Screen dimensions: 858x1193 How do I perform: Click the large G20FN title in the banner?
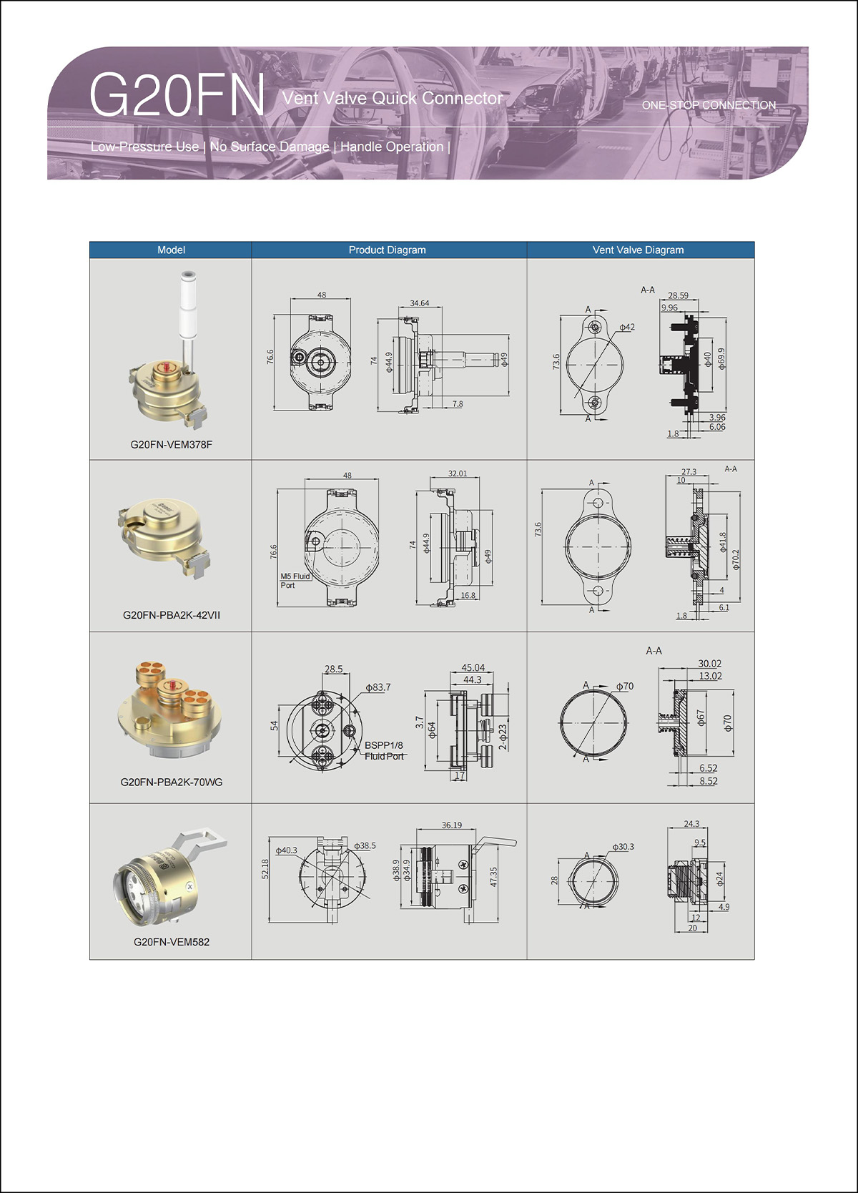[x=177, y=95]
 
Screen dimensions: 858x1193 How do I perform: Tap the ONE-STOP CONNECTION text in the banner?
[x=709, y=105]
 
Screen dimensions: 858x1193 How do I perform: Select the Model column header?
[x=171, y=250]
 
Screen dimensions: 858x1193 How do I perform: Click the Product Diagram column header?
[x=387, y=250]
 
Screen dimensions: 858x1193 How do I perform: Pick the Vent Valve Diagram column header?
[x=638, y=250]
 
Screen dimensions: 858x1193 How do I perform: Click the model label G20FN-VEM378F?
[x=172, y=444]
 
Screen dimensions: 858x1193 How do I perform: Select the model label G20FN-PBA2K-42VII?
[x=172, y=615]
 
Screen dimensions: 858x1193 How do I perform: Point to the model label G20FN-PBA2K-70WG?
[x=172, y=782]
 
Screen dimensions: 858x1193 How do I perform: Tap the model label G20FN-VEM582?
[x=172, y=942]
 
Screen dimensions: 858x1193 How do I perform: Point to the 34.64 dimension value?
[x=420, y=303]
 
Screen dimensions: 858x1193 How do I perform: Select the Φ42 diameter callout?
[x=627, y=327]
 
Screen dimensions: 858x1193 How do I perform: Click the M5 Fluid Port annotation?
[x=295, y=581]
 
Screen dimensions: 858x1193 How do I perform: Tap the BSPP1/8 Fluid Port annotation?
[x=384, y=750]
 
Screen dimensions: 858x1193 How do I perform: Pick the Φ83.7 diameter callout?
[x=378, y=687]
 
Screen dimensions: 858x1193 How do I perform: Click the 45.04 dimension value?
[x=473, y=667]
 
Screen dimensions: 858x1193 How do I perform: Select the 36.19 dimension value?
[x=451, y=825]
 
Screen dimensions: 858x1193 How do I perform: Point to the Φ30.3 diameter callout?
[x=623, y=846]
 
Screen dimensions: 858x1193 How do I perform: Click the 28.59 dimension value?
[x=678, y=295]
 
